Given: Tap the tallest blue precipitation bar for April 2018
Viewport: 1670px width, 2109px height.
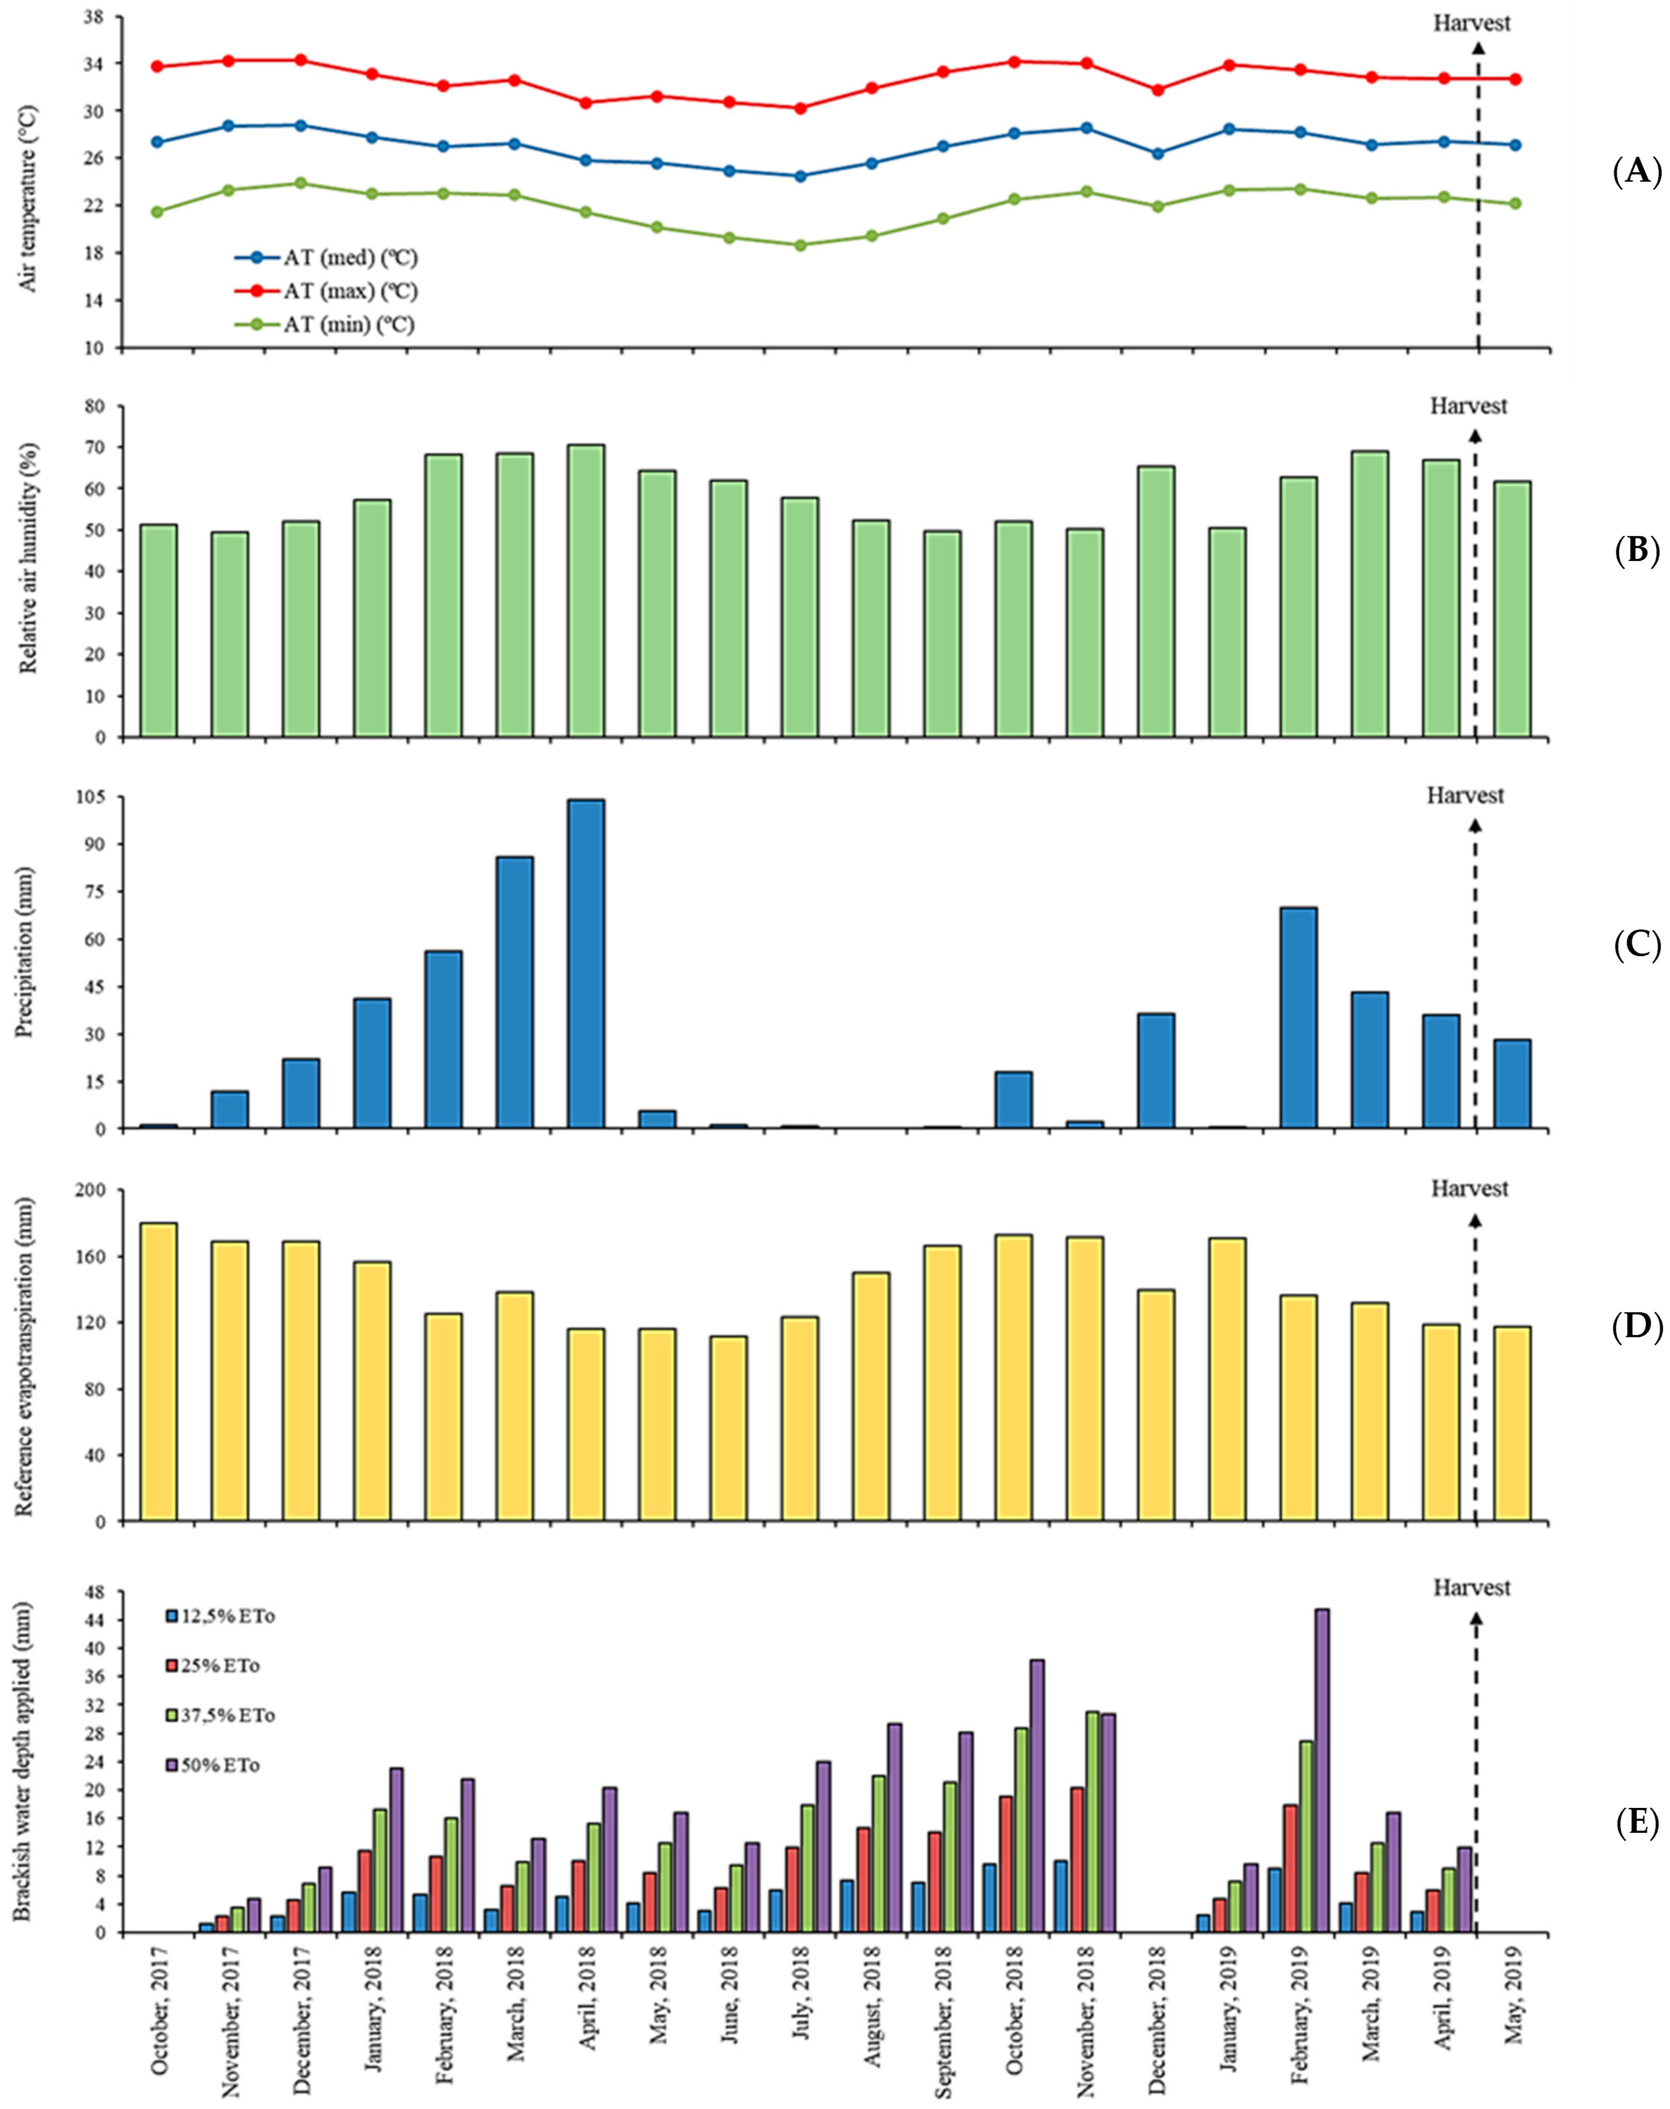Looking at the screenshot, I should coord(585,963).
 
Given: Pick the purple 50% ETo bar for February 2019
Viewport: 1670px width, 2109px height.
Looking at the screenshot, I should coord(1322,1770).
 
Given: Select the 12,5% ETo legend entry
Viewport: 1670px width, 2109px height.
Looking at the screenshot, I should coord(220,1616).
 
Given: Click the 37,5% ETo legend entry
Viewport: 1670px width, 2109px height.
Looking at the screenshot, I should coord(220,1715).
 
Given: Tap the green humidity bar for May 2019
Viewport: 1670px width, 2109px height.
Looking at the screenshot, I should coord(1513,608).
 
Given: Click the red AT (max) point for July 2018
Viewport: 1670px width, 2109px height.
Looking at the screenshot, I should coord(800,109).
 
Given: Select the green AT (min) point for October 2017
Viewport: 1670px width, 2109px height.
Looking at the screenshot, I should coord(157,211).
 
